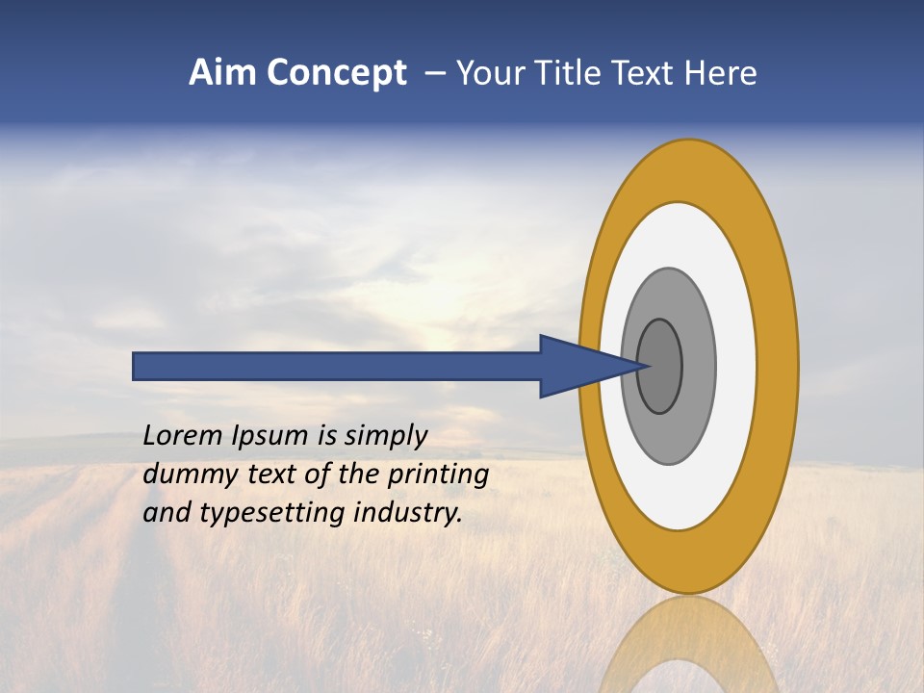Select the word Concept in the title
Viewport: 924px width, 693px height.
(337, 74)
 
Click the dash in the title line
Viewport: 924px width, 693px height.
(435, 74)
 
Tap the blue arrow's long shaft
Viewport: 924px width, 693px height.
(337, 366)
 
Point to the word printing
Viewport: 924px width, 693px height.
(438, 475)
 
